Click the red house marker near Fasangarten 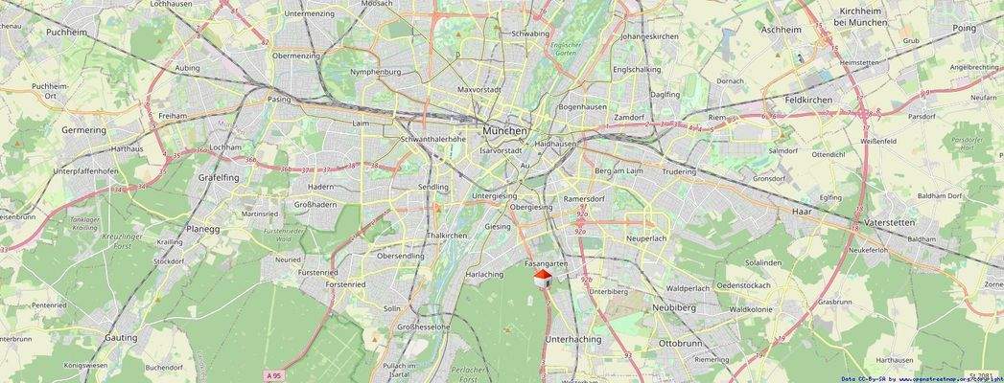point(542,278)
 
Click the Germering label point(83,129)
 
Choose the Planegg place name point(202,229)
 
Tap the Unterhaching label point(572,339)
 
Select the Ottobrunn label point(681,343)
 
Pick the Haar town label point(802,210)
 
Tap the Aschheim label point(781,30)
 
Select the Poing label point(964,29)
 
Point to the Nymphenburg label point(376,72)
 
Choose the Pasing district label point(279,99)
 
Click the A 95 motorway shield point(275,375)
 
